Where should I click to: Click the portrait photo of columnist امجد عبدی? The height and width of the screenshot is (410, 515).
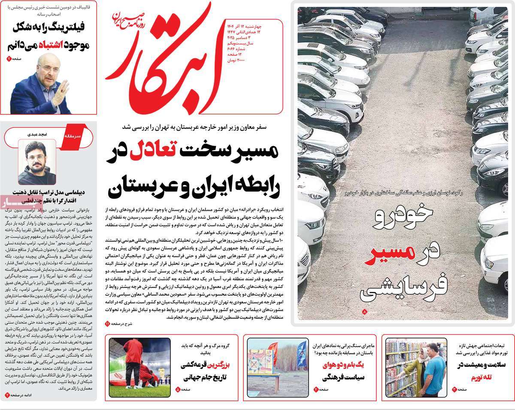pyautogui.click(x=36, y=162)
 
